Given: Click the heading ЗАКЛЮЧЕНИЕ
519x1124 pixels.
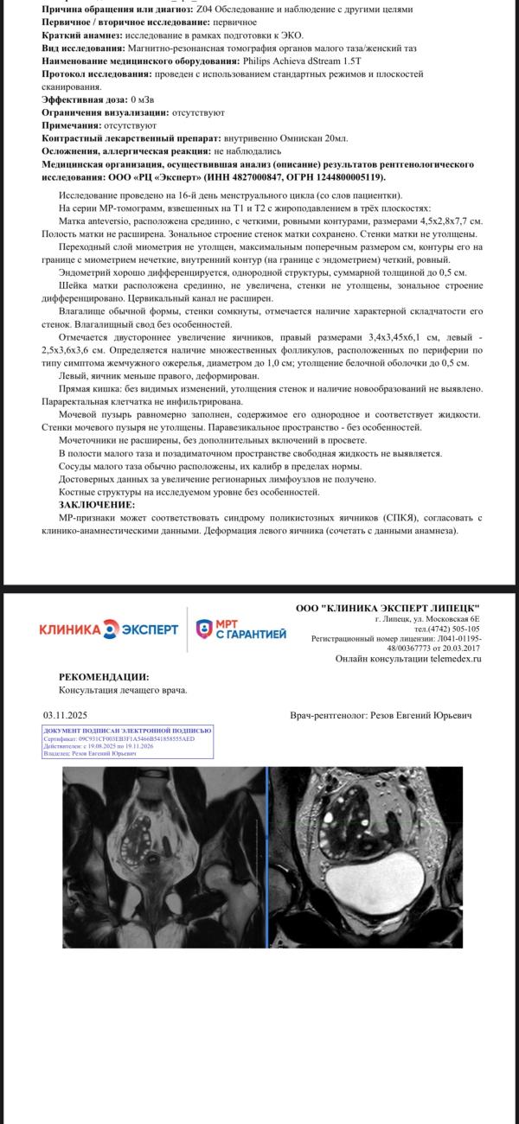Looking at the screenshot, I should click(97, 504).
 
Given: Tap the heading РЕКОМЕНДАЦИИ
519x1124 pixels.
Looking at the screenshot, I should click(104, 677).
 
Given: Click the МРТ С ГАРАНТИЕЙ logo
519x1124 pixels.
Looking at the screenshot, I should click(240, 629).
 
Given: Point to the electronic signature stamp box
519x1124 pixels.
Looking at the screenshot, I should click(126, 743).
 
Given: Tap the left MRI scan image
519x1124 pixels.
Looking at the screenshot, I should click(164, 857).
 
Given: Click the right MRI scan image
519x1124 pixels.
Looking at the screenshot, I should click(365, 857).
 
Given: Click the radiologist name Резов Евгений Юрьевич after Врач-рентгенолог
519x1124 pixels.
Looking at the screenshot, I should click(420, 715).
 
